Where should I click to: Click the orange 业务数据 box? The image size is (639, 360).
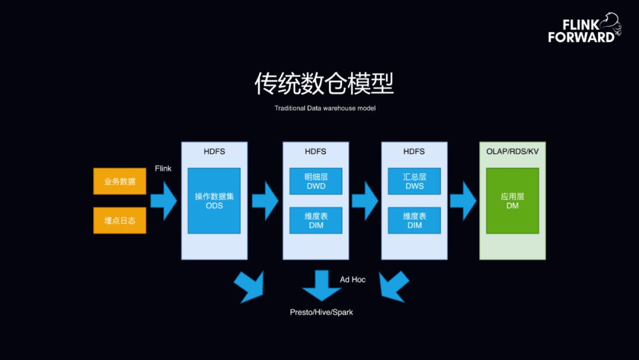coord(120,181)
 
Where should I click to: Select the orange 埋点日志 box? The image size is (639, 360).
coord(120,220)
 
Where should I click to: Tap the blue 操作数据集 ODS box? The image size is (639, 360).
coord(214,201)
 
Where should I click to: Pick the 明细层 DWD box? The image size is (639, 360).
coord(316,181)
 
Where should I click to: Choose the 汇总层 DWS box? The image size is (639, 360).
coord(414,181)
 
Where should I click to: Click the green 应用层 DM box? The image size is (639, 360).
coord(512,201)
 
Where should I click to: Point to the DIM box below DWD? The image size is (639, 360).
coord(316,220)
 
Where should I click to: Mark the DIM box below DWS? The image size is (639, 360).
coord(414,220)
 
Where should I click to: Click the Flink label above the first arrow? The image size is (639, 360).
coord(163,168)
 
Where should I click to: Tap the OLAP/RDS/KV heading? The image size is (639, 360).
coord(512,152)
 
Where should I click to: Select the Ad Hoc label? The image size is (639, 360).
coord(353,279)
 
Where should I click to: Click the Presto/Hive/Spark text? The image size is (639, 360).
coord(321,312)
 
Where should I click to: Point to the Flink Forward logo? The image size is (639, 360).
coord(583,30)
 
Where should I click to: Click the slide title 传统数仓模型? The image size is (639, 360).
coord(324,84)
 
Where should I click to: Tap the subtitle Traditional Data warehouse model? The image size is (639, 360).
coord(325,108)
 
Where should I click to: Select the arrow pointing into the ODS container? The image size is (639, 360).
coord(164,201)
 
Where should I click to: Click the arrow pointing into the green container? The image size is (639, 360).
coord(463,201)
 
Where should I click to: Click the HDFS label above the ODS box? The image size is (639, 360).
coord(214,152)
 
